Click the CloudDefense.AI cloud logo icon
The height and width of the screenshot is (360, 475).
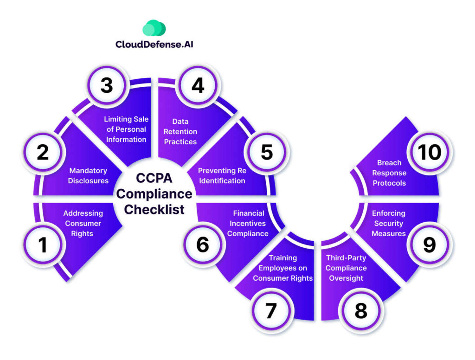154,28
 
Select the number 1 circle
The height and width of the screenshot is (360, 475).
43,245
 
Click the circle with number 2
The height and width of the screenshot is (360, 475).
43,153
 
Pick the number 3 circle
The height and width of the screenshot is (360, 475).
107,86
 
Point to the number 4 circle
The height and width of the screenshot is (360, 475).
198,86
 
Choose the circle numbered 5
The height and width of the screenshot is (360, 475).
266,153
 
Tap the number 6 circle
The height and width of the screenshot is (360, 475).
203,245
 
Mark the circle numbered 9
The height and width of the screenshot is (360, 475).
429,245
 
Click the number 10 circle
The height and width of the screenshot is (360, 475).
429,153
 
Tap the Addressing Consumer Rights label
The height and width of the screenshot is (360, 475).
83,224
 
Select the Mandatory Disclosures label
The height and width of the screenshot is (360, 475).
88,176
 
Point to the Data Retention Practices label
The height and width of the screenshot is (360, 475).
180,131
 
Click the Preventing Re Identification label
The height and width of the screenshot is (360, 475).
222,176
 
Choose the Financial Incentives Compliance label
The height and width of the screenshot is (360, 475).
248,224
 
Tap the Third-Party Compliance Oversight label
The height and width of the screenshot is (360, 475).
346,268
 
